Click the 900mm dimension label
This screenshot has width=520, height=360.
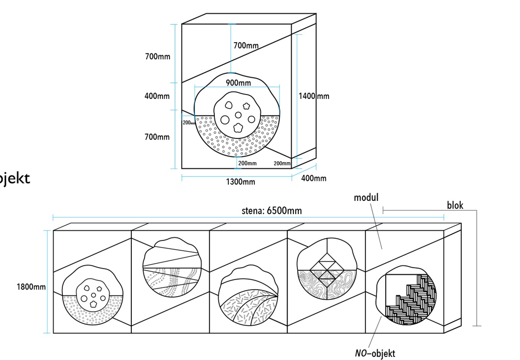(x=238, y=82)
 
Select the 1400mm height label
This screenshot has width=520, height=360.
(x=314, y=96)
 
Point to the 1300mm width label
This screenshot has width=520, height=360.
(x=240, y=182)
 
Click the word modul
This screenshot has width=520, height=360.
(x=366, y=198)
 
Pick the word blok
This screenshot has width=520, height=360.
(x=455, y=205)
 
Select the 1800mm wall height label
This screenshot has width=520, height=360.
(x=31, y=287)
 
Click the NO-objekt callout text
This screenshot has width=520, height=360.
(x=375, y=353)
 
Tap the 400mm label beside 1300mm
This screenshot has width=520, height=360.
(x=314, y=178)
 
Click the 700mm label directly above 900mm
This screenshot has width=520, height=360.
(x=246, y=45)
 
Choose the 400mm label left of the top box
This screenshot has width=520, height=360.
(x=157, y=96)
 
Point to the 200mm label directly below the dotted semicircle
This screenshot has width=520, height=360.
(x=247, y=163)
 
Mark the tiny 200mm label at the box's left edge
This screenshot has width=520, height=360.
(x=189, y=123)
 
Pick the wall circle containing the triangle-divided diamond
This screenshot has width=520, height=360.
(x=326, y=268)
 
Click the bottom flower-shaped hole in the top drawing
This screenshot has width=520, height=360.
(x=238, y=128)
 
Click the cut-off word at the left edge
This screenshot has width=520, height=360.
(x=15, y=178)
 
